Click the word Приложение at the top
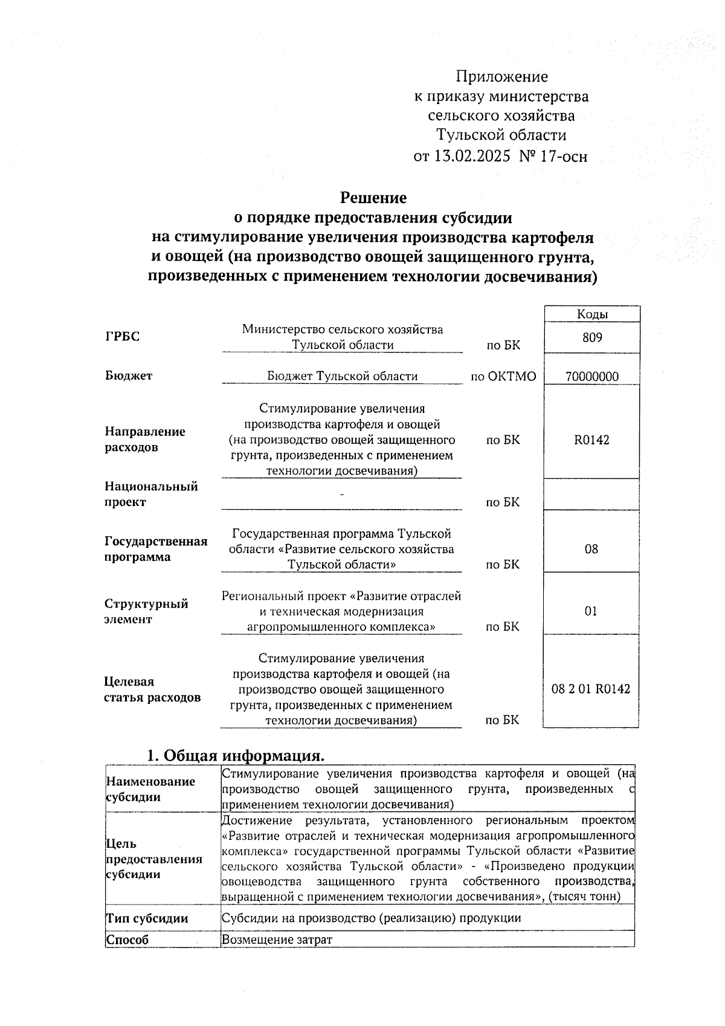point(501,77)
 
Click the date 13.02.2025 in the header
point(471,157)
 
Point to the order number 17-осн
point(562,157)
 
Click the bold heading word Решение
point(373,198)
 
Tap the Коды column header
point(592,314)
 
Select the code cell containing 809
point(592,337)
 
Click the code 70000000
point(592,376)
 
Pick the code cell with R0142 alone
point(592,440)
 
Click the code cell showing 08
point(591,549)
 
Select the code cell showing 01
point(591,611)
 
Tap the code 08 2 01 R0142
point(591,689)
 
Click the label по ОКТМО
point(503,377)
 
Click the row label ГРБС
point(122,337)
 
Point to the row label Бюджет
point(129,375)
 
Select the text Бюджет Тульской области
point(343,376)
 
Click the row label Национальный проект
point(150,494)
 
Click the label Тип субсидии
point(147,918)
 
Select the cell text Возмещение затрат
point(277,939)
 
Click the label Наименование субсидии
point(150,789)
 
